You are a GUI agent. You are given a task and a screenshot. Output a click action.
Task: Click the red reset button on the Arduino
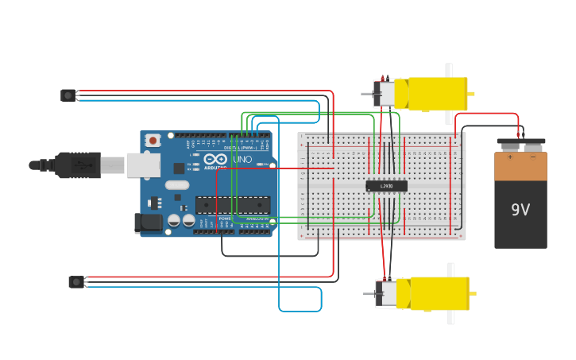tap(153, 141)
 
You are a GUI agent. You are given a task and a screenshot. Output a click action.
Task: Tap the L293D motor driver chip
tap(387, 186)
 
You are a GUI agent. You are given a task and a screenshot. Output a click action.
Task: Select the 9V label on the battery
tap(520, 210)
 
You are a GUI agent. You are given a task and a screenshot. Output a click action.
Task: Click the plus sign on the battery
tap(510, 157)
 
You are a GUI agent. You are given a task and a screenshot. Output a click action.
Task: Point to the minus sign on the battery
tap(532, 157)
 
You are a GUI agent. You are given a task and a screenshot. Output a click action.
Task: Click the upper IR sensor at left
tap(68, 95)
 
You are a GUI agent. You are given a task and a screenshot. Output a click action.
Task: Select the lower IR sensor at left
tap(76, 281)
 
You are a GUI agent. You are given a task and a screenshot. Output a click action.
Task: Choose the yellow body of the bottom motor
tap(437, 293)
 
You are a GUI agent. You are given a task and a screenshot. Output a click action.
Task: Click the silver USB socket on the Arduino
tap(144, 165)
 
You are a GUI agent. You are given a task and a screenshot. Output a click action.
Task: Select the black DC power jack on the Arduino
tap(149, 223)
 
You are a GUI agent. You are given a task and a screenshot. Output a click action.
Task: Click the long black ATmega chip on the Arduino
tap(232, 205)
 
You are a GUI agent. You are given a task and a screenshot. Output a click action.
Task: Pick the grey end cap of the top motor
tap(385, 94)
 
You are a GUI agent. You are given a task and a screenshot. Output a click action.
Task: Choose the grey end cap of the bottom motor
tap(386, 293)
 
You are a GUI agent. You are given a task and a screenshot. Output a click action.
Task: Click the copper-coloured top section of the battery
tap(520, 165)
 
